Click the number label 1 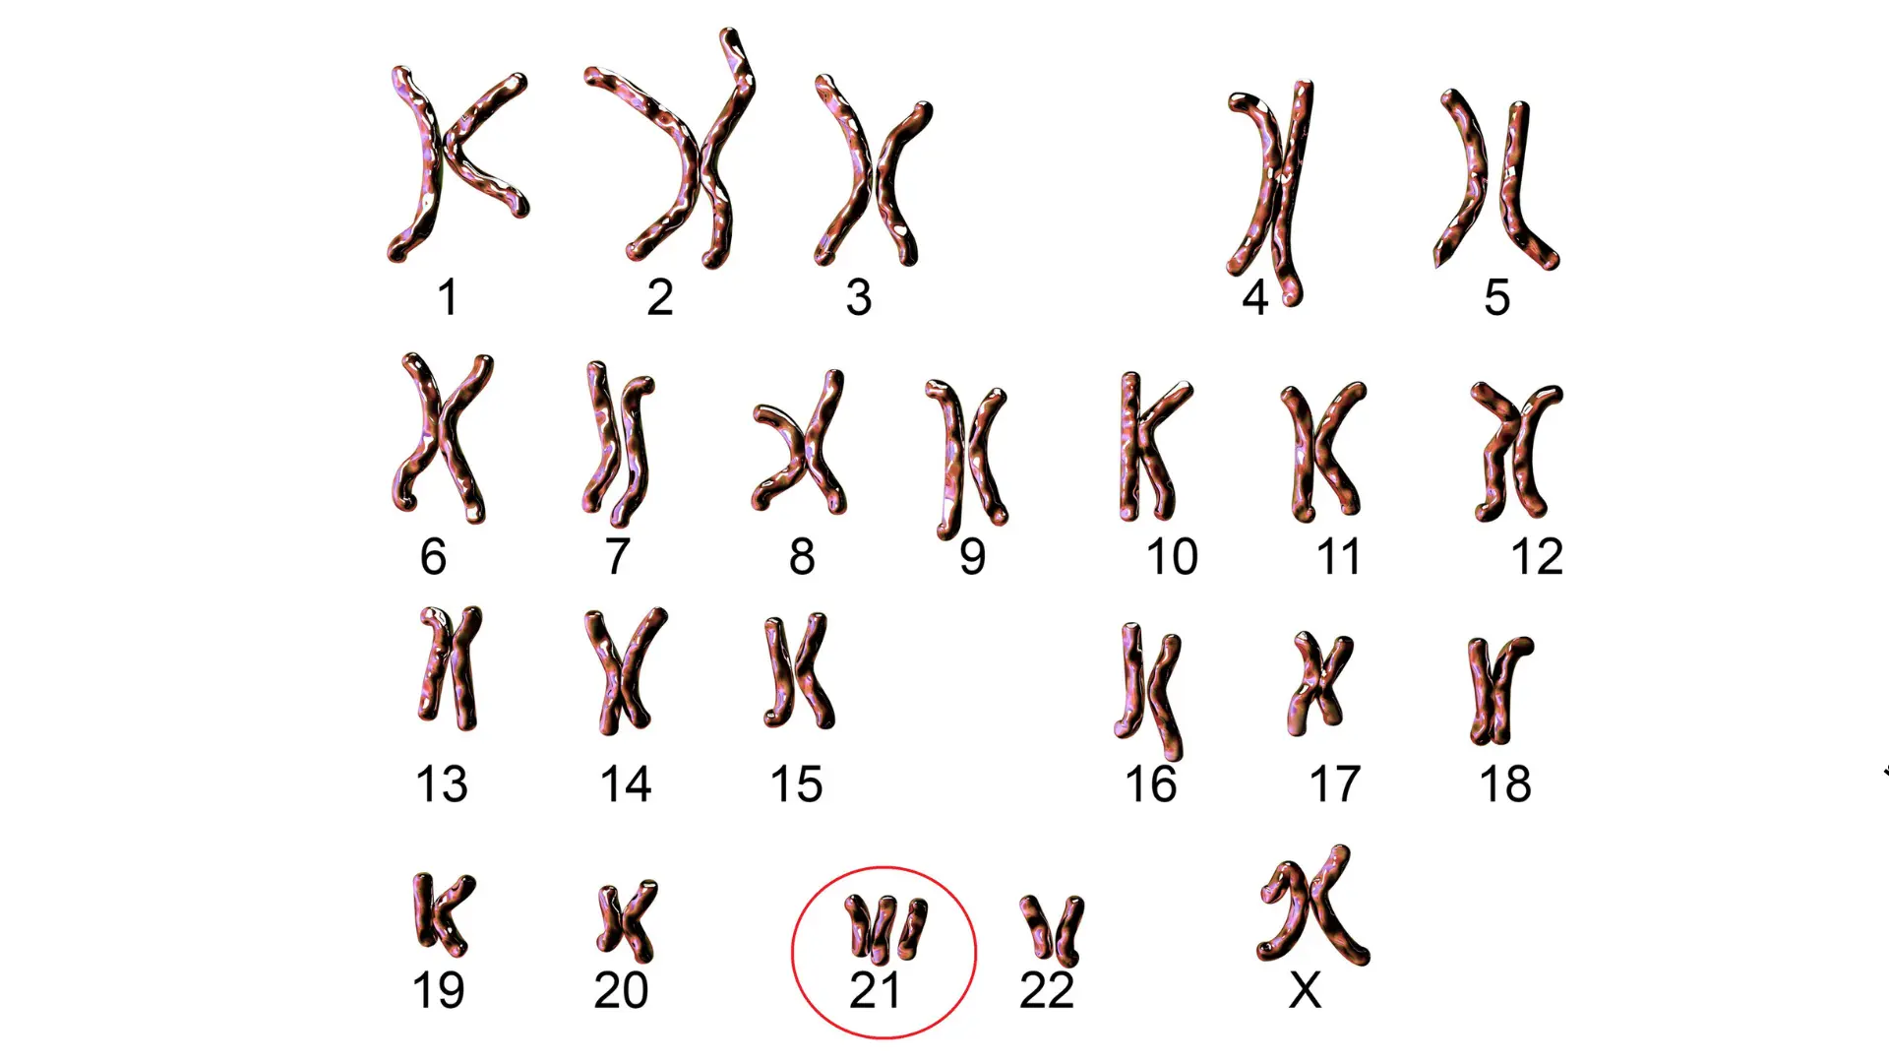click(x=448, y=297)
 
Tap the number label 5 click(x=1496, y=297)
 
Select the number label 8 click(x=802, y=556)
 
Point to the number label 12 click(x=1536, y=556)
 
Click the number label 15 click(x=796, y=784)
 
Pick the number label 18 click(x=1505, y=784)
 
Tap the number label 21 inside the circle click(x=875, y=990)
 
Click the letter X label click(x=1305, y=990)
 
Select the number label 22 click(x=1046, y=990)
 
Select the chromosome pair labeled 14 click(x=625, y=669)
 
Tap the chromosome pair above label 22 click(x=1052, y=928)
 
